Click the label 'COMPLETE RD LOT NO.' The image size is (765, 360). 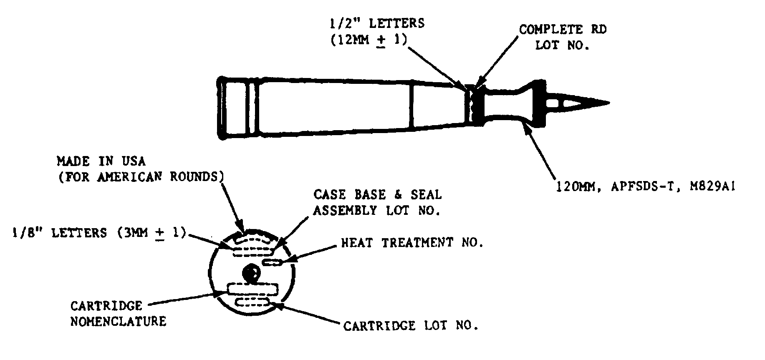tap(563, 38)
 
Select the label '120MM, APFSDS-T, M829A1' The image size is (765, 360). tap(645, 186)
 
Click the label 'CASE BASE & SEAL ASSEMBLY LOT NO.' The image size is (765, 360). tap(377, 202)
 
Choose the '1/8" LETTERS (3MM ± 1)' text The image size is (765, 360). tap(99, 232)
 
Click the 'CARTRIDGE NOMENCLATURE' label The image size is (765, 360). tap(118, 314)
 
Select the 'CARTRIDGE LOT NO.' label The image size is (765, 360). tap(411, 325)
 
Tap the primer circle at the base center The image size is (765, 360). tap(252, 274)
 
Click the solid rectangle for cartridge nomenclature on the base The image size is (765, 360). tap(252, 289)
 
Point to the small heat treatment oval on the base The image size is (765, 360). tap(273, 262)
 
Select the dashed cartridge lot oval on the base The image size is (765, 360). tap(252, 302)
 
